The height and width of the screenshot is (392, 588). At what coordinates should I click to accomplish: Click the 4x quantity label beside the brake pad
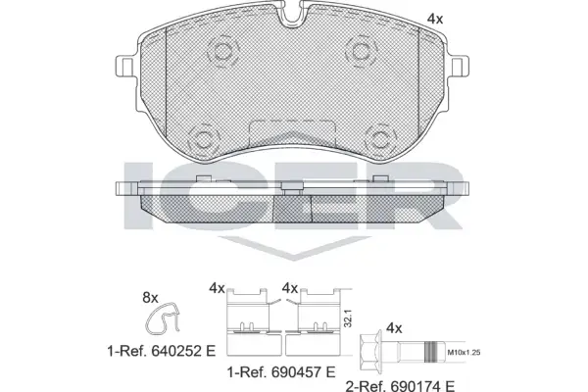[435, 19]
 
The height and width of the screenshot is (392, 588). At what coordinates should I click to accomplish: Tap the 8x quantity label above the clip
[150, 298]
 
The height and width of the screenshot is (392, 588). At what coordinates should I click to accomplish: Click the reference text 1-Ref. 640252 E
[162, 352]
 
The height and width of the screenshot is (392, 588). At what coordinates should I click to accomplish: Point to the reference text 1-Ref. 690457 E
[281, 372]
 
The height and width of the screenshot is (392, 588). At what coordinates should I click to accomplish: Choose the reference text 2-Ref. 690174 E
[400, 385]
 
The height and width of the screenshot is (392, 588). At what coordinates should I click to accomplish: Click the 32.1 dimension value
[348, 318]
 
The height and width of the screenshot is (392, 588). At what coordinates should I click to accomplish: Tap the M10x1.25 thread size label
[464, 353]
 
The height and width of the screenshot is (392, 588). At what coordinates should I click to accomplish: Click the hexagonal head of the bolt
[370, 352]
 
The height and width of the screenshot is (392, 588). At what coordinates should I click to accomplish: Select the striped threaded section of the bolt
[431, 352]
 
